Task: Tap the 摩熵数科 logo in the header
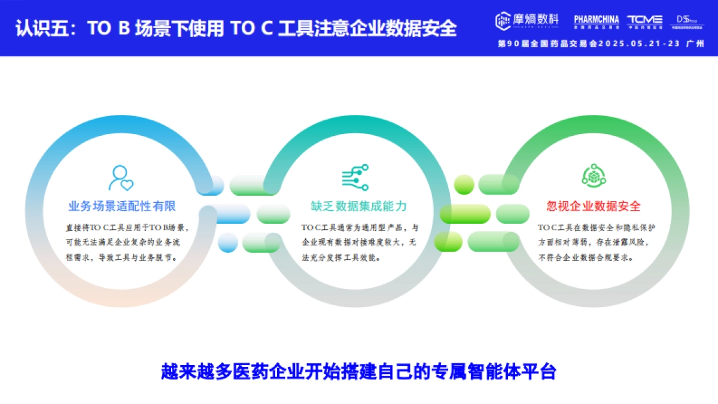(527, 20)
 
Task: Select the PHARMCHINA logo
(596, 20)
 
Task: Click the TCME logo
(644, 20)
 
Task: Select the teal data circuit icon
(355, 178)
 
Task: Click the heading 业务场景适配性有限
(122, 206)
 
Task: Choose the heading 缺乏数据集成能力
(358, 206)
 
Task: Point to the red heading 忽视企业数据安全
(594, 206)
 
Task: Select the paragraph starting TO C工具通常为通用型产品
(360, 242)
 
